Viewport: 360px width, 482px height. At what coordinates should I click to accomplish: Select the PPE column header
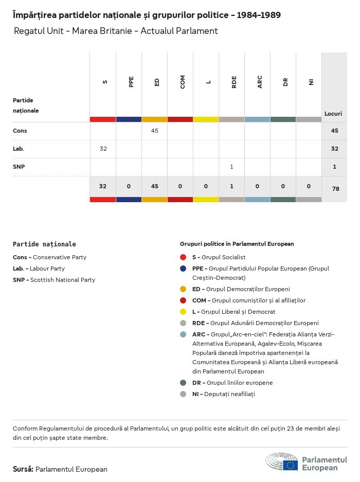[x=131, y=82]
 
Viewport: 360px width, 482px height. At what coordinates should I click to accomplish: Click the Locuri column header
[x=333, y=114]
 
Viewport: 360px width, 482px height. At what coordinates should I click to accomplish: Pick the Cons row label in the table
[x=20, y=131]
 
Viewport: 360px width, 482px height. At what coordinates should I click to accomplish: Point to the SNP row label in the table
[x=19, y=167]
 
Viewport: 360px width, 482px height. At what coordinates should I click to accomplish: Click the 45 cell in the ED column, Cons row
[x=154, y=131]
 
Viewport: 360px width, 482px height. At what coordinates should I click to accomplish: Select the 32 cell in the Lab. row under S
[x=103, y=149]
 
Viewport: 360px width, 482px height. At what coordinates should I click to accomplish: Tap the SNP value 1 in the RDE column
[x=232, y=167]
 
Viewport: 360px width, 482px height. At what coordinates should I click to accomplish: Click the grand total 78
[x=335, y=189]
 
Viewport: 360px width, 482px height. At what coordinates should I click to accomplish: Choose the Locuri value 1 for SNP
[x=335, y=167]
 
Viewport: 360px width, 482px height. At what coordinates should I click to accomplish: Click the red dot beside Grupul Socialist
[x=183, y=257]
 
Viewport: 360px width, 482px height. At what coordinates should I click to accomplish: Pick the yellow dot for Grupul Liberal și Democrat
[x=183, y=312]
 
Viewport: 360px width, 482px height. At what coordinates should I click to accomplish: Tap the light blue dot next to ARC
[x=183, y=334]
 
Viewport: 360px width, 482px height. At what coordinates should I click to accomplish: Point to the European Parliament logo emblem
[x=282, y=462]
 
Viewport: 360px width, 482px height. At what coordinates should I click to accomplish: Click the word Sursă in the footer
[x=23, y=469]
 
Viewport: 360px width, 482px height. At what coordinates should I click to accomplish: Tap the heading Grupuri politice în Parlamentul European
[x=237, y=244]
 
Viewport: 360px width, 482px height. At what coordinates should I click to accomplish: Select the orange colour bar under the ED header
[x=154, y=119]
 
